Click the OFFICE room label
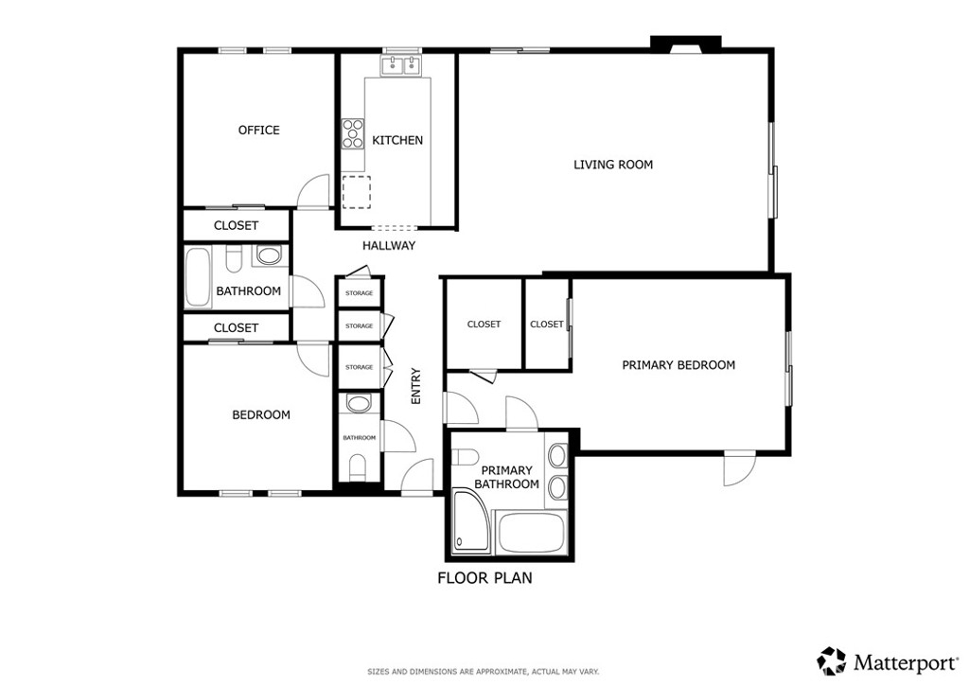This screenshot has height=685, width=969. [x=259, y=131]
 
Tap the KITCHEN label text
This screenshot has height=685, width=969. [x=397, y=140]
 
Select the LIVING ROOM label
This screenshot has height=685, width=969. [x=613, y=165]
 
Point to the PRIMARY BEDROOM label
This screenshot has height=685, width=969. [x=678, y=365]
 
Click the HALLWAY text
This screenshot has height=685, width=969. [x=389, y=246]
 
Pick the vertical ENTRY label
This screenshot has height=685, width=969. [x=416, y=386]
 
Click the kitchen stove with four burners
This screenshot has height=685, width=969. [x=353, y=134]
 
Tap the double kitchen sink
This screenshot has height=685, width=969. [x=401, y=65]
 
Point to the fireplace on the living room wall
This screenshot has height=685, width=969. [x=685, y=44]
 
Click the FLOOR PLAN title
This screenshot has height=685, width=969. [x=484, y=578]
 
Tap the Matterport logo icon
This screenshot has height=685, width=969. [x=832, y=661]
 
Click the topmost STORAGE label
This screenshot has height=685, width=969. [x=359, y=292]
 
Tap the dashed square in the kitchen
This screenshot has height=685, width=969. [x=357, y=192]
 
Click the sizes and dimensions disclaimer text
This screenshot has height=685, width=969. [x=484, y=672]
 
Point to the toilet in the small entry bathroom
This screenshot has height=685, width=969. [x=358, y=467]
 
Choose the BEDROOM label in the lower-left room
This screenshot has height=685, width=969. [x=261, y=415]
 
